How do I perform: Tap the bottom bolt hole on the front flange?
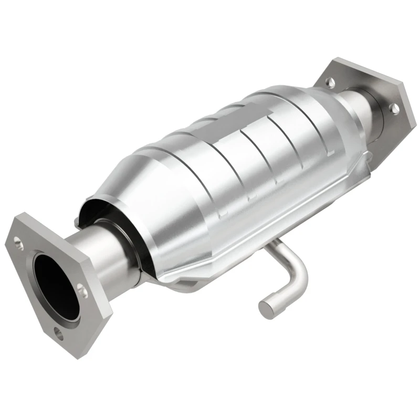pos(57,332)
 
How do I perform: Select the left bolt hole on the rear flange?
pos(330,81)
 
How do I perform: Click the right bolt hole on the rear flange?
pos(394,108)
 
